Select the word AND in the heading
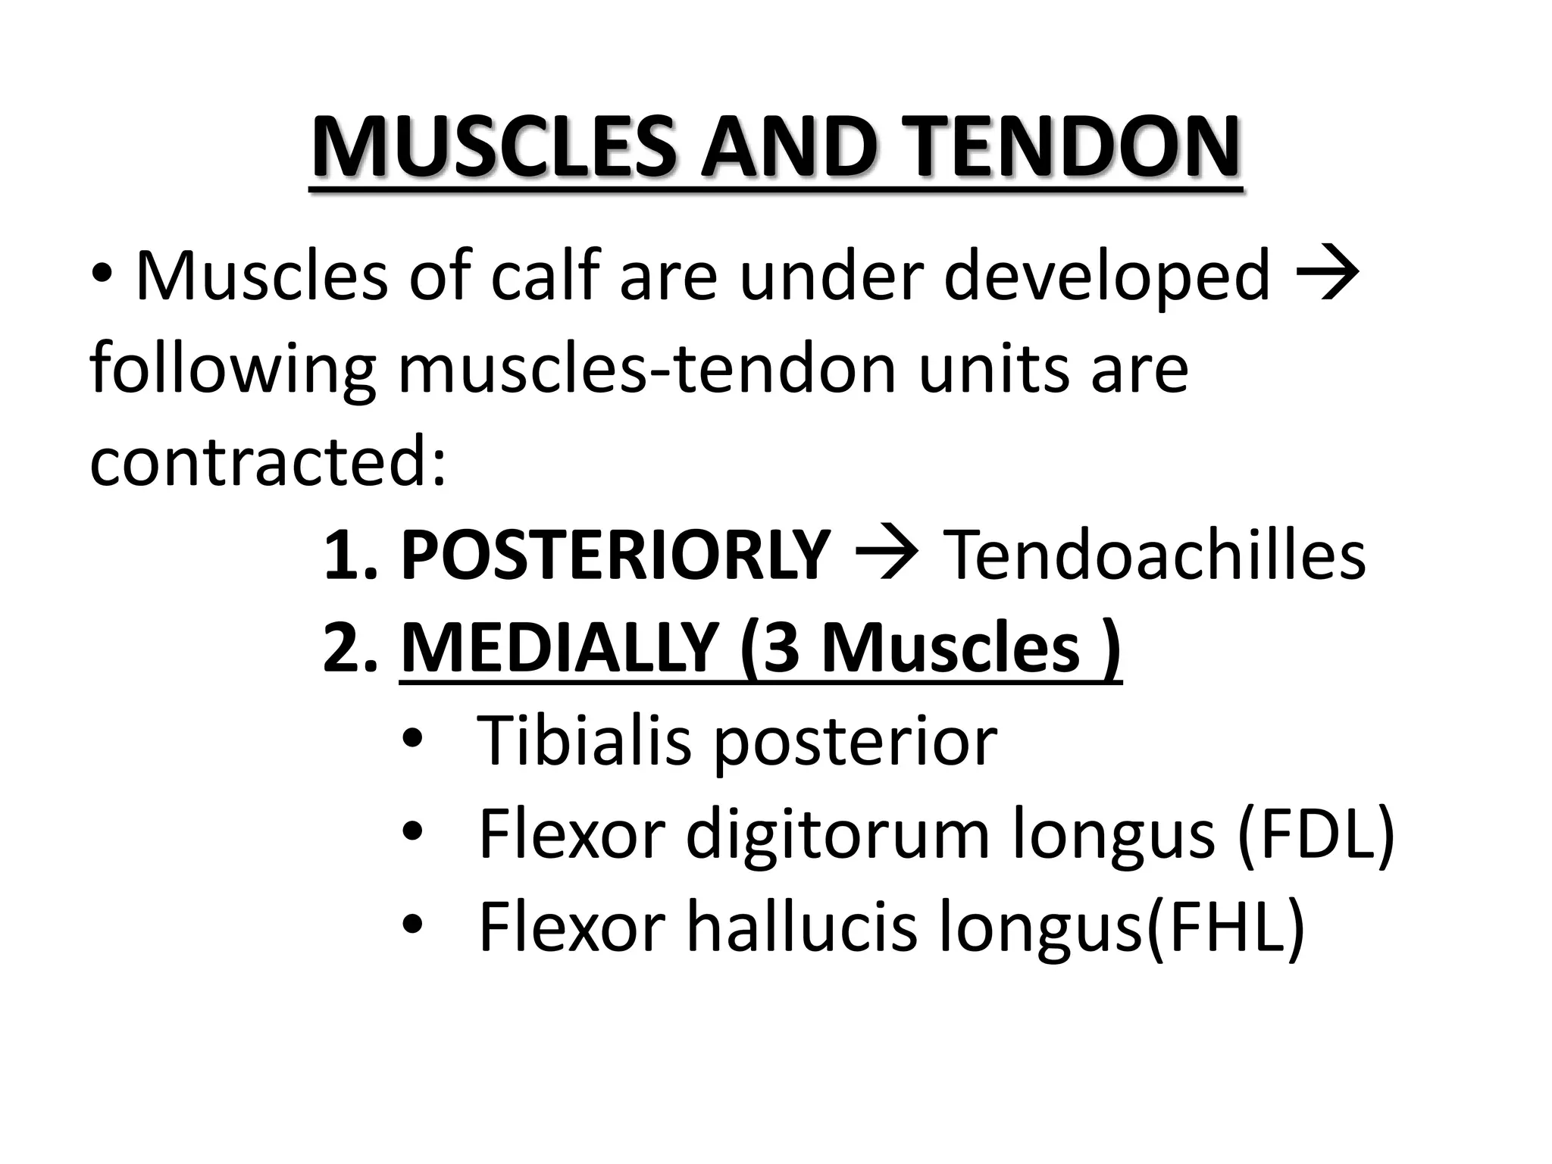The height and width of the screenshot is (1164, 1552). coord(790,148)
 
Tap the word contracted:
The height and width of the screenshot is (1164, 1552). coord(268,462)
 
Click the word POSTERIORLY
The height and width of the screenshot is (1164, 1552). coord(615,555)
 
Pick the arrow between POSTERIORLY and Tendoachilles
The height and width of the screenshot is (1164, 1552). coord(887,555)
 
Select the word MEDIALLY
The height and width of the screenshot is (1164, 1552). coord(559,649)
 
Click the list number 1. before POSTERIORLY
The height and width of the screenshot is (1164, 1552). coord(349,555)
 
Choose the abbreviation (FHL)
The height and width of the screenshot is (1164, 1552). coord(1225,928)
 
